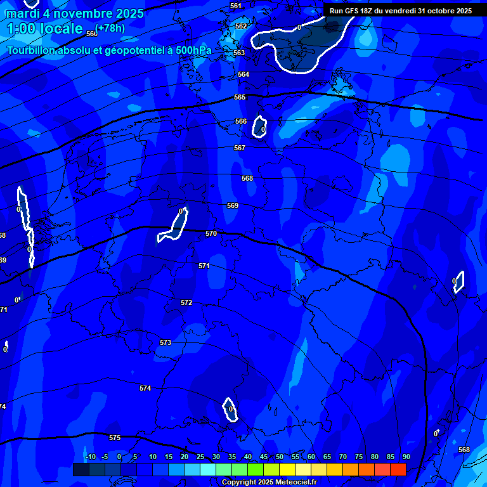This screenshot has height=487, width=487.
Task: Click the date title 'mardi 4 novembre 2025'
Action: click(75, 13)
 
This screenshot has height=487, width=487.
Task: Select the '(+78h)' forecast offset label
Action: click(110, 28)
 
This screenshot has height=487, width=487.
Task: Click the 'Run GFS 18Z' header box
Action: click(401, 11)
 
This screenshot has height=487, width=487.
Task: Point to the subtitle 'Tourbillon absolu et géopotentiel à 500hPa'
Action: click(109, 50)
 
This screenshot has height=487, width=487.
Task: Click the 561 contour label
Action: click(236, 6)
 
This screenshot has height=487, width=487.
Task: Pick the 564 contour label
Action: click(243, 74)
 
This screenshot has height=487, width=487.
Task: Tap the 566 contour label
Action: click(241, 121)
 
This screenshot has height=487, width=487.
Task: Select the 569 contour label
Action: click(233, 205)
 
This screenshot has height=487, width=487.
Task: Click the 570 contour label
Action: click(211, 233)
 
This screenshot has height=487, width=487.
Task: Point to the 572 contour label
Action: click(186, 302)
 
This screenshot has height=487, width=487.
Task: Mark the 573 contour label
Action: click(166, 342)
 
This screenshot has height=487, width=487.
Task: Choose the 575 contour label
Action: click(115, 438)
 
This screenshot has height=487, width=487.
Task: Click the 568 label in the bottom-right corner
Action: click(464, 450)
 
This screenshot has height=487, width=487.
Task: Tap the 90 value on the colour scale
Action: click(406, 457)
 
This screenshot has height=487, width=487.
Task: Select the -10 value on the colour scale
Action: click(90, 457)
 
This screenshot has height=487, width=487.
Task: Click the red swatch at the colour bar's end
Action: click(398, 469)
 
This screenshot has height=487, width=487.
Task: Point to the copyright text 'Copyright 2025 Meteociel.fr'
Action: click(269, 482)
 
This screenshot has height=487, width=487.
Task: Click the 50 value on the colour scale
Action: click(279, 457)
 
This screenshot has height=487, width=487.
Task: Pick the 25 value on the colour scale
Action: click(200, 457)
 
